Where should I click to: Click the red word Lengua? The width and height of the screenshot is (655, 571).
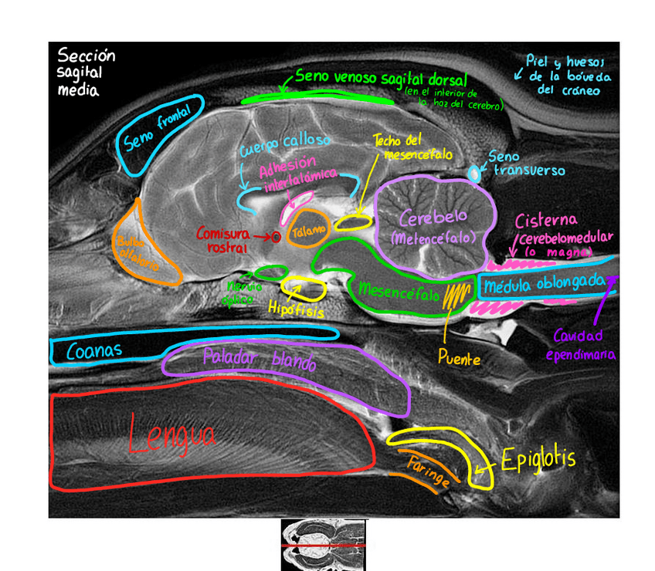171,436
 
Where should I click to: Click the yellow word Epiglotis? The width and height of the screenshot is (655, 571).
538,460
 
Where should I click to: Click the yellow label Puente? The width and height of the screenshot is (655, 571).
458,359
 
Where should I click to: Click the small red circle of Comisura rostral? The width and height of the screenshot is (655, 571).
275,238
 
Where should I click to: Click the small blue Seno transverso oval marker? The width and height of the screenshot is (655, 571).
473,174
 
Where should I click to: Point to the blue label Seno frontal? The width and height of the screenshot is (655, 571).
156,133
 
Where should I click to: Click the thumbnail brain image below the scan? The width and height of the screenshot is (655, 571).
323,545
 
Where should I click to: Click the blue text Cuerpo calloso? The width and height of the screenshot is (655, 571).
285,144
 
